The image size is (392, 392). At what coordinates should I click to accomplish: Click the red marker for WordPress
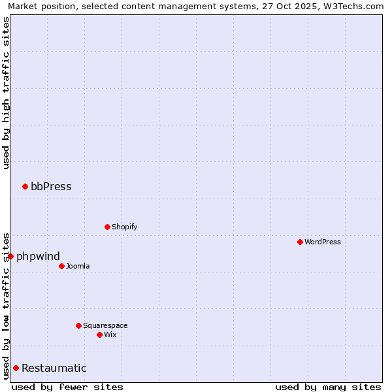pyautogui.click(x=300, y=242)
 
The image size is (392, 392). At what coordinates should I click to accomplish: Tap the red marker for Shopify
pyautogui.click(x=107, y=227)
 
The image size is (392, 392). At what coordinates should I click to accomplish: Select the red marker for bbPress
pyautogui.click(x=25, y=186)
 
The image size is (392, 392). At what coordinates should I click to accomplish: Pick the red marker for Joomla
pyautogui.click(x=61, y=266)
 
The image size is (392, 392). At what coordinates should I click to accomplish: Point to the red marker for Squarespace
pyautogui.click(x=78, y=325)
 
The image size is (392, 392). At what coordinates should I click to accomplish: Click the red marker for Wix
pyautogui.click(x=99, y=335)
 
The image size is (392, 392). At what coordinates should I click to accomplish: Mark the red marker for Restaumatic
pyautogui.click(x=16, y=368)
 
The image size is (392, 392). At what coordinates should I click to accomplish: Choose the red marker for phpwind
pyautogui.click(x=10, y=256)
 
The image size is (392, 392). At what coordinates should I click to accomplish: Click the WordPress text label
pyautogui.click(x=323, y=242)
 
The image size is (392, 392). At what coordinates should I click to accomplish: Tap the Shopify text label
pyautogui.click(x=125, y=227)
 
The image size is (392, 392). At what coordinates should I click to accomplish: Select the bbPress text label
pyautogui.click(x=51, y=186)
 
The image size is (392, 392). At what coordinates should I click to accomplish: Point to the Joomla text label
pyautogui.click(x=78, y=266)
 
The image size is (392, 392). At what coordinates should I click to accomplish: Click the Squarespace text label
pyautogui.click(x=105, y=325)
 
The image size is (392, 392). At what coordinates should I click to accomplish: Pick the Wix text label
pyautogui.click(x=110, y=335)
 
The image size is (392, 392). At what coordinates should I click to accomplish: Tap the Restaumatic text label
pyautogui.click(x=54, y=368)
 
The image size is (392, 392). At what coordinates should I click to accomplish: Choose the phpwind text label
pyautogui.click(x=38, y=256)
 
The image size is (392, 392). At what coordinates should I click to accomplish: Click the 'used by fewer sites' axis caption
pyautogui.click(x=67, y=387)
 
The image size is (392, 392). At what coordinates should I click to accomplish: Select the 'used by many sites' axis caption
pyautogui.click(x=328, y=387)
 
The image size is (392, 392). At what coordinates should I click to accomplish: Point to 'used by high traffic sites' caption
pyautogui.click(x=6, y=93)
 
